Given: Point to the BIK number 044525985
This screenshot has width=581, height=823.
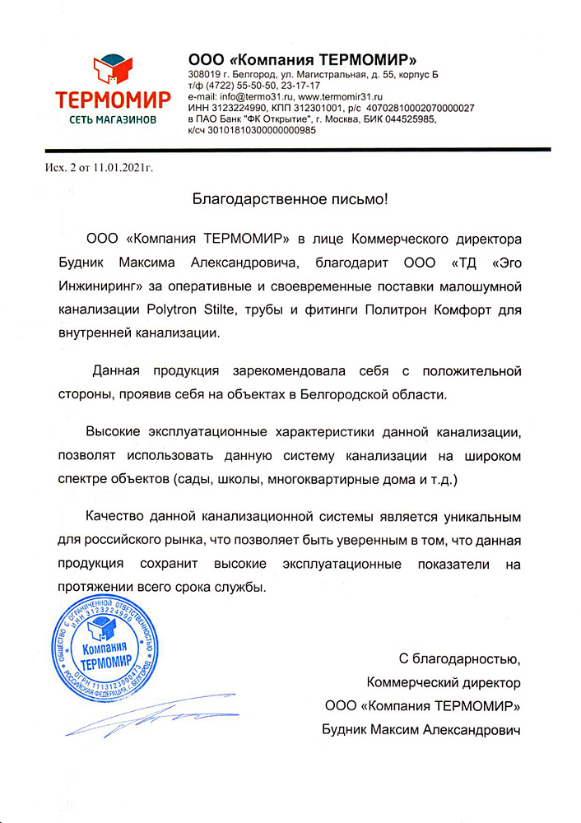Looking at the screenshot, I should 403,119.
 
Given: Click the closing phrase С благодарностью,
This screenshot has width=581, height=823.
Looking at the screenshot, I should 460,658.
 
